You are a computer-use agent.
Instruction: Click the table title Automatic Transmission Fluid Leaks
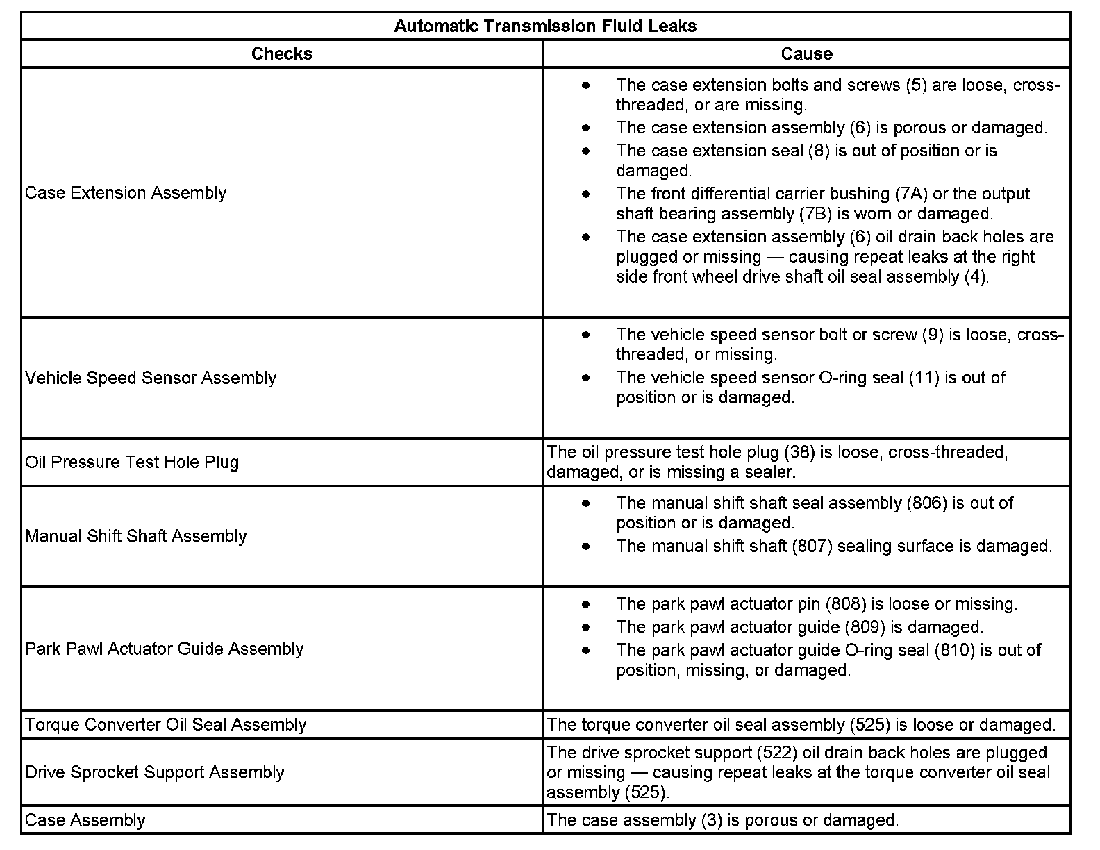coord(545,26)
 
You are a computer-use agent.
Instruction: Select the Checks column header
coord(281,54)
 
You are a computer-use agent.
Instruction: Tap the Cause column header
coord(806,54)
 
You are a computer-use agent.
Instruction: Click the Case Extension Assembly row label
coord(126,192)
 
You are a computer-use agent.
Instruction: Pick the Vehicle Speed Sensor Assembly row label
coord(151,378)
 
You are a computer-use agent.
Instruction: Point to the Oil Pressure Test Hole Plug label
coord(132,462)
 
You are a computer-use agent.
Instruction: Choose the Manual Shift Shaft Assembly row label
coord(136,536)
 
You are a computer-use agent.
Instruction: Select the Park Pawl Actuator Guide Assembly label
coord(165,649)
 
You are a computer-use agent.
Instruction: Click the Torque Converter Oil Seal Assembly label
coord(165,724)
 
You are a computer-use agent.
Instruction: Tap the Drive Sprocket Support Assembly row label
coord(155,772)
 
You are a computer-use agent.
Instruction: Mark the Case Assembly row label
coord(85,820)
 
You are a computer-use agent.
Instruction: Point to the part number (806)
coord(927,503)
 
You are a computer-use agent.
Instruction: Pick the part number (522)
coord(778,753)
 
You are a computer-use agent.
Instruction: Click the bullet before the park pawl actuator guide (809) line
coord(587,627)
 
